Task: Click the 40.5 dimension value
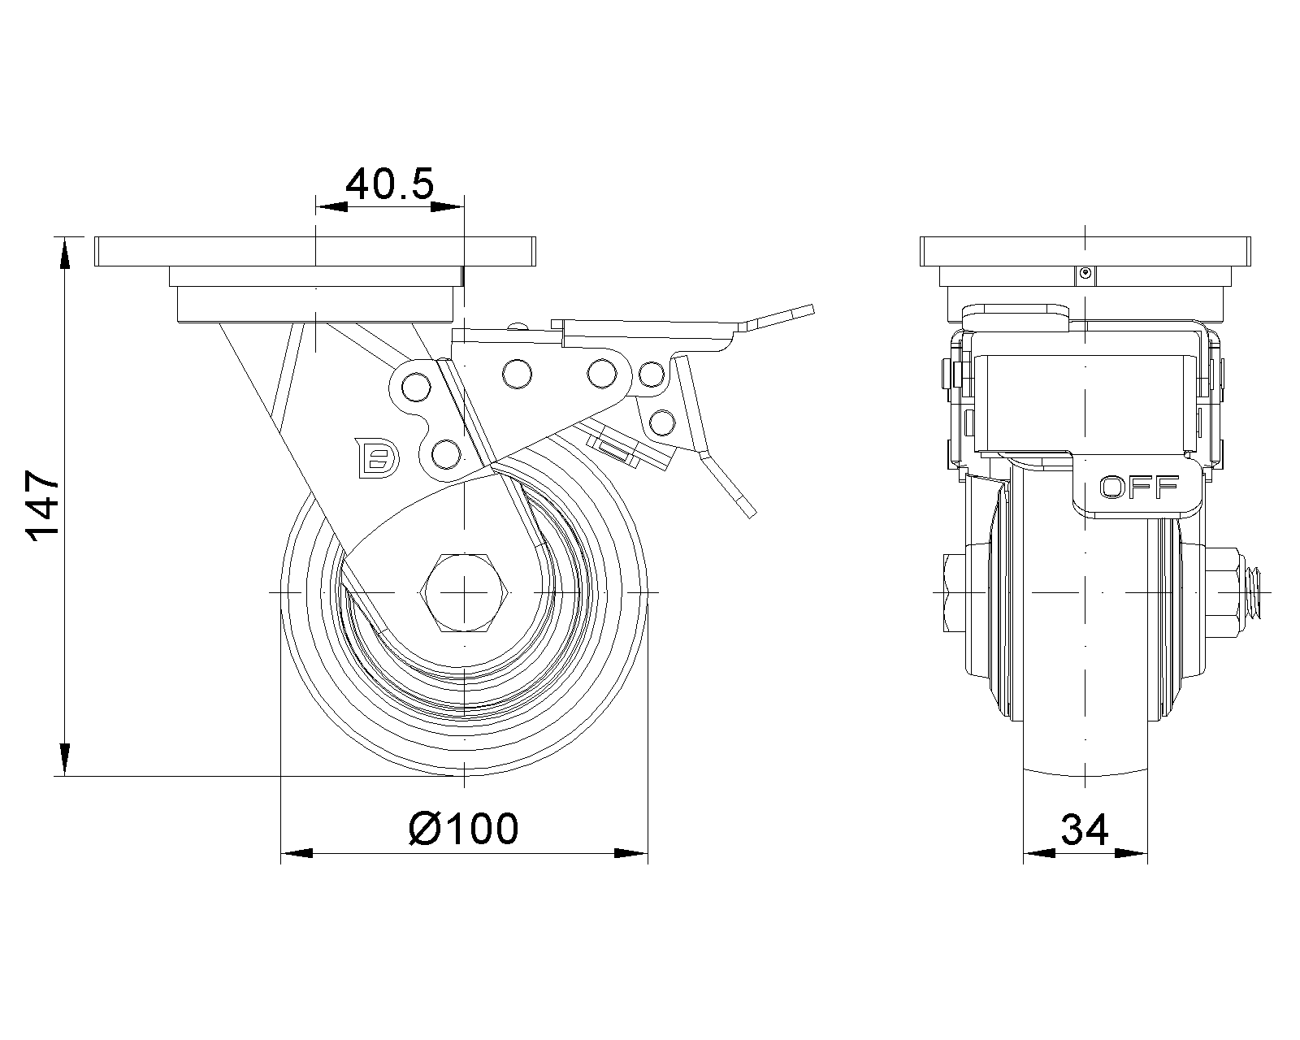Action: tap(389, 185)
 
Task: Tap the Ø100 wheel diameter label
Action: tap(463, 830)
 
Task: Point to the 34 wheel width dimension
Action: tap(1085, 830)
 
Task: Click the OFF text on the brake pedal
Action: tap(1138, 487)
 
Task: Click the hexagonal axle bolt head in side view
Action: tap(463, 591)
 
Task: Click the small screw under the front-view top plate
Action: tap(1085, 274)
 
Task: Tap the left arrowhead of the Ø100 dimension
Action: tap(297, 854)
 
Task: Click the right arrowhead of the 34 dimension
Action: tap(1133, 854)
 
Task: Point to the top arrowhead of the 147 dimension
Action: tap(63, 251)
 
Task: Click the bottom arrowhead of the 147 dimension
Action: tap(63, 760)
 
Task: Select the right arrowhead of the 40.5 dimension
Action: tap(447, 208)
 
